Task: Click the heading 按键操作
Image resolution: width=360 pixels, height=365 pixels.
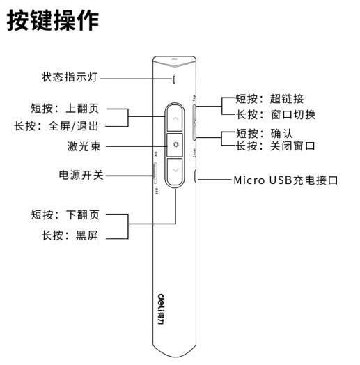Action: point(53,20)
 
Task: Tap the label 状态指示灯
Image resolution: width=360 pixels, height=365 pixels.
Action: point(70,77)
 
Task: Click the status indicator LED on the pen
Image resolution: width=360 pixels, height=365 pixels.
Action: point(174,79)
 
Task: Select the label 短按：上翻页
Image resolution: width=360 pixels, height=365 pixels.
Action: point(65,109)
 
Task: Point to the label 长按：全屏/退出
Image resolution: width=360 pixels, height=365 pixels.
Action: point(56,126)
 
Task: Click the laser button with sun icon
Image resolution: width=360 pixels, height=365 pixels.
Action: point(175,145)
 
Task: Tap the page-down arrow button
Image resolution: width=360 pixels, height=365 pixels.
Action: point(175,171)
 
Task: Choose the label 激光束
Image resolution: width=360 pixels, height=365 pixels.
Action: point(84,146)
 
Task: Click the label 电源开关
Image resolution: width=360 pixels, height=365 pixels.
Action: point(81,175)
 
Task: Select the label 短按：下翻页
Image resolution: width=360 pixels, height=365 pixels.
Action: point(65,215)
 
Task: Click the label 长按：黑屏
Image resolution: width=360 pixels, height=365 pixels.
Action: point(70,235)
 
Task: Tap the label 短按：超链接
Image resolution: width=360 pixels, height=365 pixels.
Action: point(269,99)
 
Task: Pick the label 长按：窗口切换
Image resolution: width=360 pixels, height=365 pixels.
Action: point(276,115)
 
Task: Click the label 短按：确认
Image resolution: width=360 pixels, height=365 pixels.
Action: point(265,133)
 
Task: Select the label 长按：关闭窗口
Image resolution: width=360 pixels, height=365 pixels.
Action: point(276,146)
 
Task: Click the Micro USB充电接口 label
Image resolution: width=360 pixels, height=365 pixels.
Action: point(285,180)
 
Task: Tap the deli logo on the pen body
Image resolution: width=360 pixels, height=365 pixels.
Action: point(161,309)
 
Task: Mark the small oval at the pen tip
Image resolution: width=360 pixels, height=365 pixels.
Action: point(174,59)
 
